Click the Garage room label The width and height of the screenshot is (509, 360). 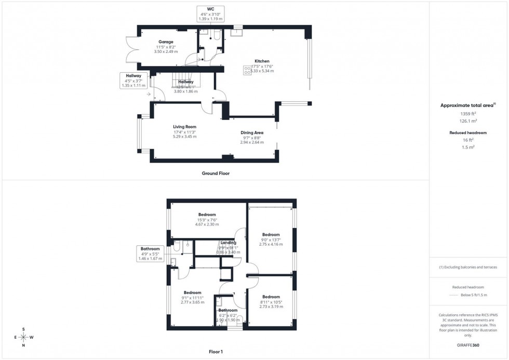166,42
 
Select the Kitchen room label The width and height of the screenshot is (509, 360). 262,61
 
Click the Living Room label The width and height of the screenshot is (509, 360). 184,126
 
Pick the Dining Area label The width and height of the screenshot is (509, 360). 251,132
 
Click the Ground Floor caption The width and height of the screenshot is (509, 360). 216,174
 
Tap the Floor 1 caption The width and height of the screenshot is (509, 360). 215,352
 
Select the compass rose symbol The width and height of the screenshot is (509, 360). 24,337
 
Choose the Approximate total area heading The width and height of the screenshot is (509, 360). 467,105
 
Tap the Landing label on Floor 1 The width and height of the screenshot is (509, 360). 228,243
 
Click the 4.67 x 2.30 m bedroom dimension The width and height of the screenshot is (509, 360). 207,224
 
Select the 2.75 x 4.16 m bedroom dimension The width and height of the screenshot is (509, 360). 271,244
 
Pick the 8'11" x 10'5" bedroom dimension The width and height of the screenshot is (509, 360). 271,302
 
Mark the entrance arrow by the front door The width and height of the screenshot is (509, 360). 149,95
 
